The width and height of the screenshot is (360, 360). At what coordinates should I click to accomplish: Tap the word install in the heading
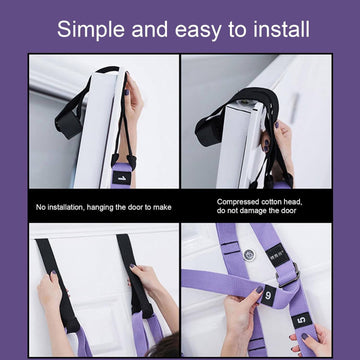[281, 29]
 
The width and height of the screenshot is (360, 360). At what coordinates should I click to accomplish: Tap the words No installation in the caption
[60, 207]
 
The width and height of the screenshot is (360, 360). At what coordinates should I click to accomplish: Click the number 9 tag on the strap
[269, 295]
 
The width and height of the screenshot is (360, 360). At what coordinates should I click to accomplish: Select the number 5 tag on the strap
[301, 321]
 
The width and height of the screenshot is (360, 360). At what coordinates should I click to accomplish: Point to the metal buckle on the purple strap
[287, 275]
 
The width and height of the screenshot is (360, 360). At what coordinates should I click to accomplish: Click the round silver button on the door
[249, 255]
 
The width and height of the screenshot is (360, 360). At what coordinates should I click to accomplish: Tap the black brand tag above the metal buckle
[277, 255]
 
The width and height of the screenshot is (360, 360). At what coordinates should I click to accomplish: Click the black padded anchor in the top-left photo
[67, 124]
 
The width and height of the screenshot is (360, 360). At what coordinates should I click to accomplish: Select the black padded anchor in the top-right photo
[207, 131]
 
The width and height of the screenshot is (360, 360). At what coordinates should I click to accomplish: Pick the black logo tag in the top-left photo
[121, 178]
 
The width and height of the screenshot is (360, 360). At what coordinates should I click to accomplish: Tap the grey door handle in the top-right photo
[294, 109]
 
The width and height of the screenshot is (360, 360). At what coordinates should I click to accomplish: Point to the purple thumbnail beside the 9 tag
[260, 290]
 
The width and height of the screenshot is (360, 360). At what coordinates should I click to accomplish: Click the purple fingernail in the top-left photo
[127, 92]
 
